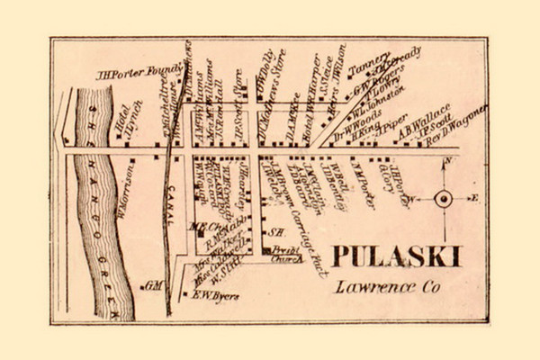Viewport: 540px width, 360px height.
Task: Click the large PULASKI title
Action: tap(396, 256)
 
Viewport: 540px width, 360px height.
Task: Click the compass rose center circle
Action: tap(443, 199)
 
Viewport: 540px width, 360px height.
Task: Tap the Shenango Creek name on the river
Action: tap(94, 180)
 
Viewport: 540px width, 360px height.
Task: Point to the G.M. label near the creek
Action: tap(152, 285)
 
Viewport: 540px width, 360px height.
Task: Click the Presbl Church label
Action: tap(287, 256)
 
